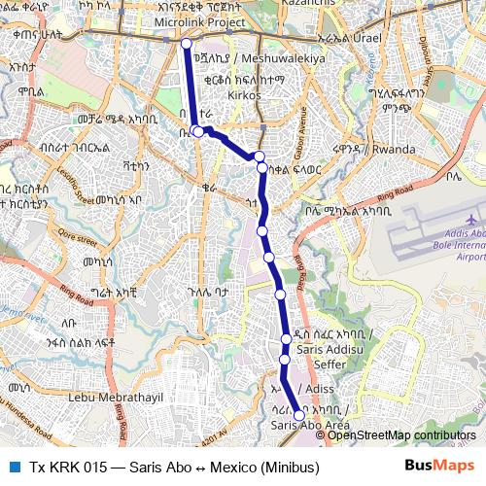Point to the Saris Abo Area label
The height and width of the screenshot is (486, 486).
tap(310, 425)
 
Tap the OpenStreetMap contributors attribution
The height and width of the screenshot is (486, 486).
tap(401, 435)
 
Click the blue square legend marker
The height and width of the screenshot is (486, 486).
tap(14, 467)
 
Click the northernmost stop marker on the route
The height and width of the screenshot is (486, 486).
tap(186, 44)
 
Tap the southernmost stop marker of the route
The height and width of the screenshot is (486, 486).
tap(299, 415)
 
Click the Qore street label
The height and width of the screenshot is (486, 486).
tap(45, 235)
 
